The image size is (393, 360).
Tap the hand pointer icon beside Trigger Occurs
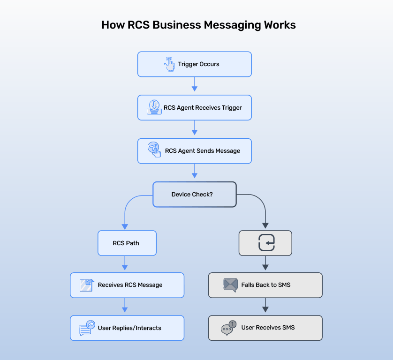pos(169,64)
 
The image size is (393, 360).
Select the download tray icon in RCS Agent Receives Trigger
pos(154,107)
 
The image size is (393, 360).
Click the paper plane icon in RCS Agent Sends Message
pos(154,150)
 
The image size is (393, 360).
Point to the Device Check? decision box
pos(195,194)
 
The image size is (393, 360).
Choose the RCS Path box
pos(127,243)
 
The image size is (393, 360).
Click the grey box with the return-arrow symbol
pos(265,243)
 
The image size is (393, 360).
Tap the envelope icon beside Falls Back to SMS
pos(230,285)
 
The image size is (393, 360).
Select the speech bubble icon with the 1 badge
pos(228,328)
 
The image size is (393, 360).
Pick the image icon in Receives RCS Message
pos(87,285)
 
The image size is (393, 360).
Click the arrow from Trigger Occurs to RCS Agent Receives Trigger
pos(195,86)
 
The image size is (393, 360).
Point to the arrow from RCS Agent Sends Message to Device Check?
pos(195,172)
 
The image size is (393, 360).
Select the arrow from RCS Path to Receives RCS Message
pos(125,264)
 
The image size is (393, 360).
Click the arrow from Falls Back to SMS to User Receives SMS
pos(265,307)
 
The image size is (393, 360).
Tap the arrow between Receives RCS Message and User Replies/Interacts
pos(125,307)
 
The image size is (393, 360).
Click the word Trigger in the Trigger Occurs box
pos(188,64)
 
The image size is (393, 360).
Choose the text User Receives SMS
pos(268,328)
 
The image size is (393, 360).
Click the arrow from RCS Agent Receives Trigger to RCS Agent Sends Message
pos(195,129)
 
